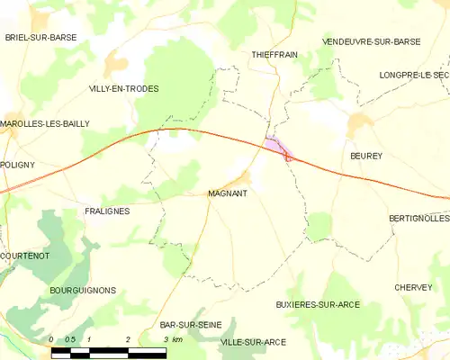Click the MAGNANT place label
click(228, 193)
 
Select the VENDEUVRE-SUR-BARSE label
click(371, 41)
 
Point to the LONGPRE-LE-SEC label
click(413, 75)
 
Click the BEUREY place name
click(366, 156)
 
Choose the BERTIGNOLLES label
click(418, 219)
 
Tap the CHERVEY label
click(413, 287)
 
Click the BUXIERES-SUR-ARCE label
click(318, 304)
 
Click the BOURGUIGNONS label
click(83, 291)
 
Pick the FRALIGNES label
click(107, 211)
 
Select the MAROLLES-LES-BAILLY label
click(45, 123)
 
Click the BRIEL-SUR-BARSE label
click(40, 37)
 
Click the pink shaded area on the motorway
click(275, 146)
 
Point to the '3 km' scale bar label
click(173, 339)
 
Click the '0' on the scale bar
click(52, 339)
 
